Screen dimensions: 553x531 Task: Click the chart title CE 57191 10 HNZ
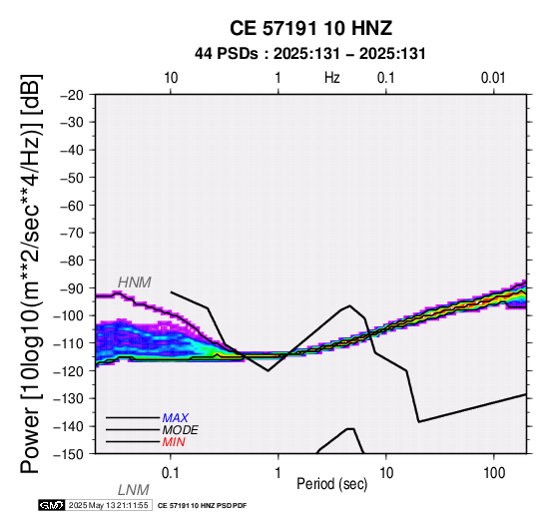[310, 28]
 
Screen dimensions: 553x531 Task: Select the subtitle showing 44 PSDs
[310, 54]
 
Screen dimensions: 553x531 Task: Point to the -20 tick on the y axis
[72, 95]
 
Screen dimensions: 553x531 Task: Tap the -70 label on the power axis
[72, 233]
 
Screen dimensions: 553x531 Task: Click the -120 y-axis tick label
[69, 371]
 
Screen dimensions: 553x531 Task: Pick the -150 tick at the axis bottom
[69, 454]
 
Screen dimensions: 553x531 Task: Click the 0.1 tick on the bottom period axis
[170, 473]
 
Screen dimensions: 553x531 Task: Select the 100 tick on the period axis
[494, 473]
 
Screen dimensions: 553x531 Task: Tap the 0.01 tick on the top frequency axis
[493, 78]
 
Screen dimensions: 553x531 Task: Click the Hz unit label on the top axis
[332, 78]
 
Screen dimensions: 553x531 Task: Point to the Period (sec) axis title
[331, 484]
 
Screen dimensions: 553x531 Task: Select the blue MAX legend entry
[176, 418]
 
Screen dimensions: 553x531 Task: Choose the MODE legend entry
[181, 430]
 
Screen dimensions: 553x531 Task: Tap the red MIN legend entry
[174, 442]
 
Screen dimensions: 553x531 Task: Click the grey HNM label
[135, 282]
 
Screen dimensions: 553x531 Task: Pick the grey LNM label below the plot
[134, 490]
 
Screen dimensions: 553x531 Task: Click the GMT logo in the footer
[52, 505]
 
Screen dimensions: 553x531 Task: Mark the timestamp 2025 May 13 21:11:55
[108, 505]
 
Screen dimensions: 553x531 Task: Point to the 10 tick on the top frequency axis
[171, 78]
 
